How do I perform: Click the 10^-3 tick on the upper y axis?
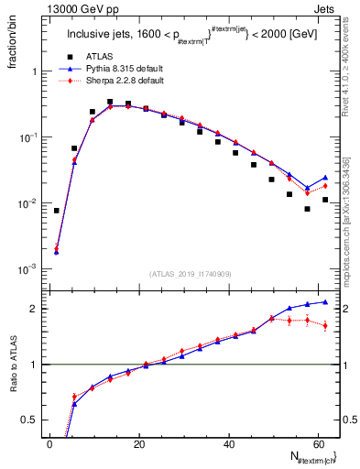[x=25, y=269]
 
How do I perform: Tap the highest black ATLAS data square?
[x=110, y=103]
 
